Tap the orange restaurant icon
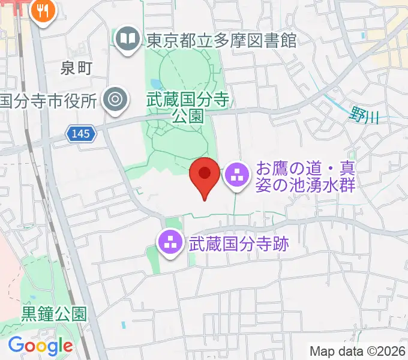(43, 10)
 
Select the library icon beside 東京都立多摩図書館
(127, 41)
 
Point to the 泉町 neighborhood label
(76, 68)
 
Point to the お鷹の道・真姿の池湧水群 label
(306, 176)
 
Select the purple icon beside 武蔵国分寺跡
(170, 243)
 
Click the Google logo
(40, 345)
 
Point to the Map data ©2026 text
(358, 351)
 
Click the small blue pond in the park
(156, 83)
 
